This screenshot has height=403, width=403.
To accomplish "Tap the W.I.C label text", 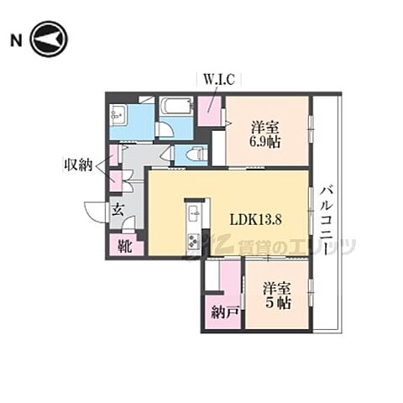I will click(x=220, y=80).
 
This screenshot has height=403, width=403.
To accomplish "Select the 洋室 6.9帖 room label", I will click(x=266, y=135).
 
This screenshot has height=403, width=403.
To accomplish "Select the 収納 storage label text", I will click(x=81, y=165).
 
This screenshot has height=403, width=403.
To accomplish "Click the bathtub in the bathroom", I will click(x=175, y=107).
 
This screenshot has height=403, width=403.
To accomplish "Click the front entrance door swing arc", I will click(x=94, y=213).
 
